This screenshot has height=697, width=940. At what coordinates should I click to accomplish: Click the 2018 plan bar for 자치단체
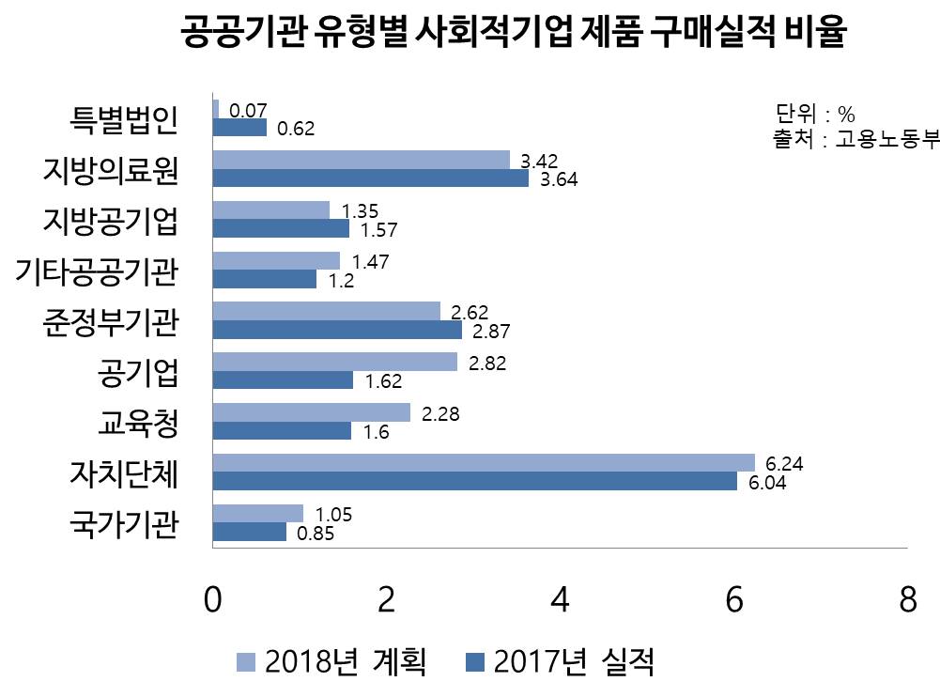point(484,462)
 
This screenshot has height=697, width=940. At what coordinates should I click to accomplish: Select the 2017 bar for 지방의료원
point(371,178)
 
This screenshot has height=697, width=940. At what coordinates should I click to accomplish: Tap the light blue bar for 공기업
point(335,362)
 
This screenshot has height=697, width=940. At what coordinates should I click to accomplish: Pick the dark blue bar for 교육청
point(283,430)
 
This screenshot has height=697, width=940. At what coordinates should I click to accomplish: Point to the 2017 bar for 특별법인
point(240,127)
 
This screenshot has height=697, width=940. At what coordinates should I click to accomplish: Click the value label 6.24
point(785,464)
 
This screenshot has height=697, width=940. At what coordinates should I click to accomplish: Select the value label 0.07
point(249,111)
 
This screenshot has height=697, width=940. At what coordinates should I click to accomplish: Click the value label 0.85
point(316,534)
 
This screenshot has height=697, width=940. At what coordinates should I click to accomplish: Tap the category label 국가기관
point(124,523)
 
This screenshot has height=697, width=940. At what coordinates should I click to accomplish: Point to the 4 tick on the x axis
point(561,600)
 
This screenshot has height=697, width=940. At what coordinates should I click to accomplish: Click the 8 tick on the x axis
point(907,600)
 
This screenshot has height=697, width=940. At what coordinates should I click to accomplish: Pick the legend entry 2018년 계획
point(332,661)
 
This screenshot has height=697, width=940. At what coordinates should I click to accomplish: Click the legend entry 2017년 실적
point(561,661)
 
